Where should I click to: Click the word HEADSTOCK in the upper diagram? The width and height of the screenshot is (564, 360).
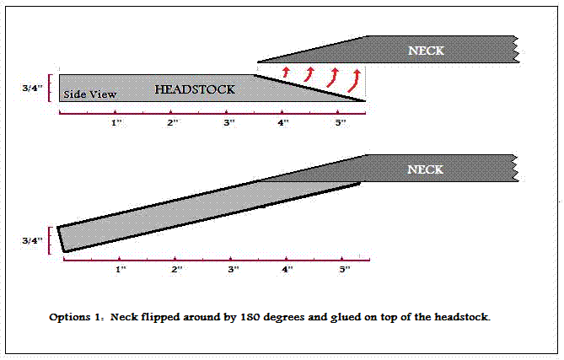click(195, 89)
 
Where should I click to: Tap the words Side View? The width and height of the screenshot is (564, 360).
click(90, 94)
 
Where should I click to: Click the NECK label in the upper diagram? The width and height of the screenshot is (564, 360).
click(426, 51)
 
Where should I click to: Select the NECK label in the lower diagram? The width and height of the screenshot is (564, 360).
click(425, 169)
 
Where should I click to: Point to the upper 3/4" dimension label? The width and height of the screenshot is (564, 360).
click(32, 88)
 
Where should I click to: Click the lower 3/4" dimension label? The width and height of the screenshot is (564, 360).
click(32, 240)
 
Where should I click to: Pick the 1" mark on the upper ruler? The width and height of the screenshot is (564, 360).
click(116, 122)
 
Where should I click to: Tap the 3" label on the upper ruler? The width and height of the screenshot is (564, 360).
click(229, 122)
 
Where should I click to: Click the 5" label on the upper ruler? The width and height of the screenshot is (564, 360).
click(341, 122)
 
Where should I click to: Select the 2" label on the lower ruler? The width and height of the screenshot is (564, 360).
click(177, 269)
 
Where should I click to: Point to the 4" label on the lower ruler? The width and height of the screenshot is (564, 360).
click(287, 269)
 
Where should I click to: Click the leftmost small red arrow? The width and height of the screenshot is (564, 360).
click(286, 72)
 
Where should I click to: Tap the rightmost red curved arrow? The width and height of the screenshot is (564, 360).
click(354, 81)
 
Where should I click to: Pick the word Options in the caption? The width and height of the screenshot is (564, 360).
click(69, 318)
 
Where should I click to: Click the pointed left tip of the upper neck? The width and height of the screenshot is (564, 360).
click(258, 62)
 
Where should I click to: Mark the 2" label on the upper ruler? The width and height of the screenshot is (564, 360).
click(173, 122)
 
